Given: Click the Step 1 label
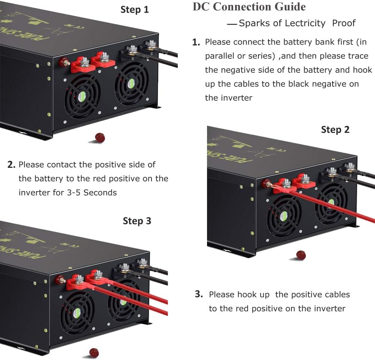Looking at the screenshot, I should click(x=135, y=9).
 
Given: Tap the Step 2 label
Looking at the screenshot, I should click(x=335, y=130).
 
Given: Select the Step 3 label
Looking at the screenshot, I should click(x=137, y=221).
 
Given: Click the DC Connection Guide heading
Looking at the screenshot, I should click(x=249, y=7).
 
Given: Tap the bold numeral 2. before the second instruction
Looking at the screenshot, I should click(x=11, y=164).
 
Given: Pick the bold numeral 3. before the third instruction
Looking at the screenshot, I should click(x=199, y=294).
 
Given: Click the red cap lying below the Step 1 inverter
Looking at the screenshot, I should click(x=100, y=137).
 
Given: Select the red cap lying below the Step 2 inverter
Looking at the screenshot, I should click(x=300, y=255).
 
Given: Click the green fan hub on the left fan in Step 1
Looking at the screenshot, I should click(x=81, y=97).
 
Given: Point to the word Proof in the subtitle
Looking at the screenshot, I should click(x=343, y=23).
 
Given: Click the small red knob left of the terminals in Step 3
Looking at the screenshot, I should click(x=59, y=279).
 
